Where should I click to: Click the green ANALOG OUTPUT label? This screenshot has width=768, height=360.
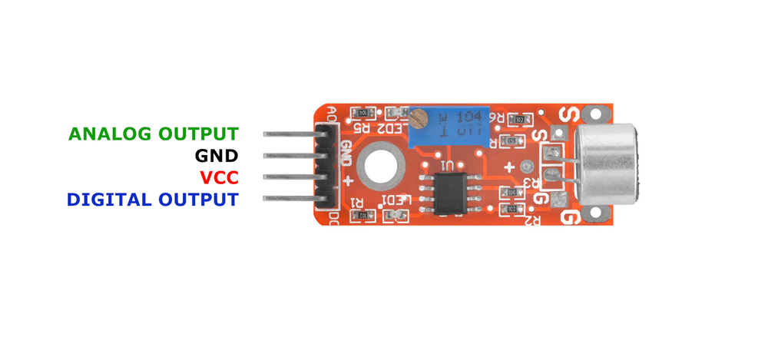point(153,134)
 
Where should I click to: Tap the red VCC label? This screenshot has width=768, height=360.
point(219,178)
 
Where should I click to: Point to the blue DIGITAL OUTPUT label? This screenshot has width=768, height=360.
point(152,200)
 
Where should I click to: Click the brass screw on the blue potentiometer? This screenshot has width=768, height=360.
point(419,119)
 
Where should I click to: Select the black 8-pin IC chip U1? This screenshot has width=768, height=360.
point(446,191)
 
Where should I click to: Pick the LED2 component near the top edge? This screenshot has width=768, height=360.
point(396,114)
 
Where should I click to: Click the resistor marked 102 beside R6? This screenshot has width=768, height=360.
point(519,120)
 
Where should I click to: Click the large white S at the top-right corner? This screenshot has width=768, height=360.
point(569,115)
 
